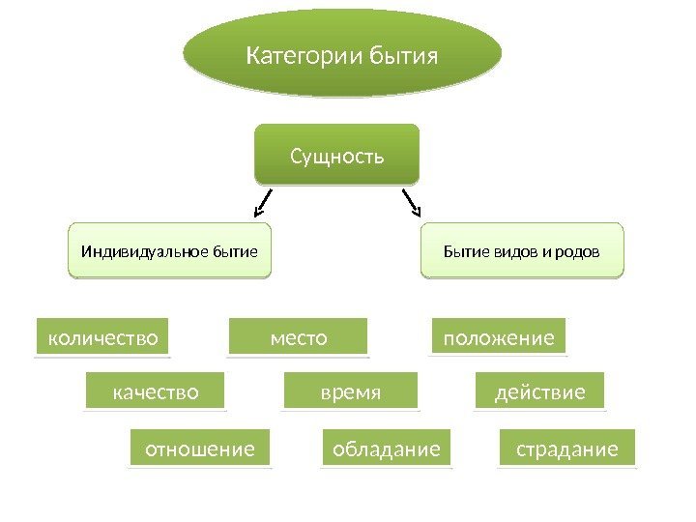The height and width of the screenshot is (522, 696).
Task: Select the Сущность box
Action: click(x=337, y=154)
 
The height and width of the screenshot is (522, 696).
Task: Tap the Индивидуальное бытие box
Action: click(x=169, y=251)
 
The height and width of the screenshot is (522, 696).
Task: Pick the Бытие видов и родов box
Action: click(x=522, y=251)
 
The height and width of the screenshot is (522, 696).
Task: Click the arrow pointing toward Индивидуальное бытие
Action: click(x=262, y=203)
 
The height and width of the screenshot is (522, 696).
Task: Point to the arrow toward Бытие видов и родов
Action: click(x=412, y=202)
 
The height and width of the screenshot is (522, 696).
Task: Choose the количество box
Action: click(x=102, y=337)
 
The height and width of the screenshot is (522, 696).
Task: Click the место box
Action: click(x=299, y=337)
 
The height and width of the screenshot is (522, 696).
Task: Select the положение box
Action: click(x=498, y=337)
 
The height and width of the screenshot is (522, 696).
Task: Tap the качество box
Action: click(x=156, y=392)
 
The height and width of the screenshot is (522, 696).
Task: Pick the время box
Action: click(x=351, y=392)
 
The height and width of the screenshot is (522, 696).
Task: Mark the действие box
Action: click(x=540, y=392)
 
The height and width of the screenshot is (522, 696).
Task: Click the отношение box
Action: click(x=199, y=449)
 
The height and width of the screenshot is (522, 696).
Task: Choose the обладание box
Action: click(x=386, y=449)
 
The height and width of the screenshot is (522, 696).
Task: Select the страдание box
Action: click(x=567, y=449)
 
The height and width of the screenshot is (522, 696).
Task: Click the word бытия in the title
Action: click(x=405, y=55)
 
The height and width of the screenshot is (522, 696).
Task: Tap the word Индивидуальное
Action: click(x=135, y=252)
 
